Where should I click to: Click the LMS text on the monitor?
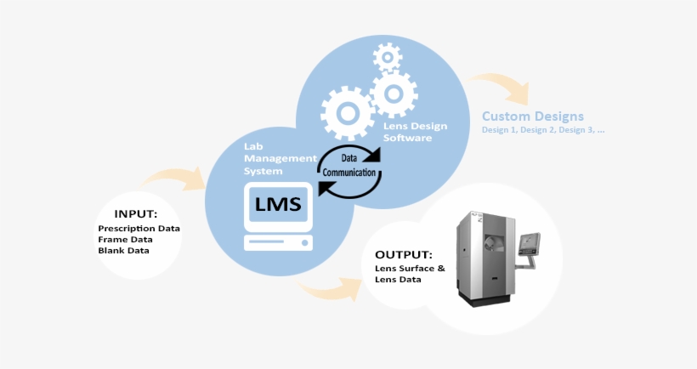click(x=278, y=204)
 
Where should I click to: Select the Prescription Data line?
click(x=139, y=229)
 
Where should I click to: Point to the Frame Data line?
click(x=124, y=240)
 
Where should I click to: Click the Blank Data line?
click(x=123, y=251)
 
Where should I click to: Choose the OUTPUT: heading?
click(x=404, y=254)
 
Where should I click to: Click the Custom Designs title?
click(x=533, y=116)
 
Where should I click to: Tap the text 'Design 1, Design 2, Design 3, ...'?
click(x=543, y=130)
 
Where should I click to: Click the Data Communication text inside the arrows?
click(x=350, y=165)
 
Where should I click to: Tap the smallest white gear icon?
click(x=388, y=58)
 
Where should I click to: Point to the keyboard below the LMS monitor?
click(x=278, y=242)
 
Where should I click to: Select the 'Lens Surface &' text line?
click(x=410, y=269)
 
